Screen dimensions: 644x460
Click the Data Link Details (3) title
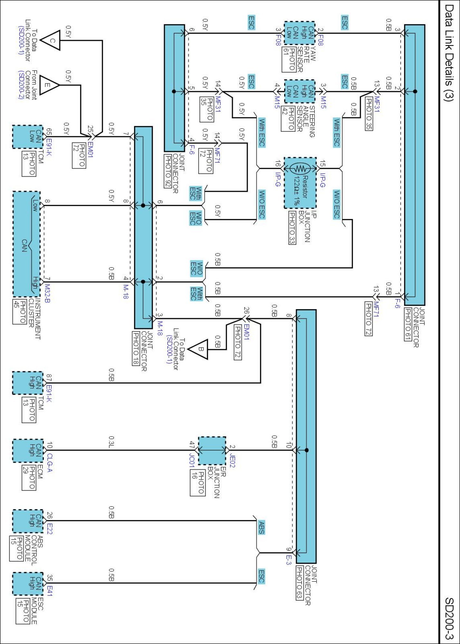tap(448, 53)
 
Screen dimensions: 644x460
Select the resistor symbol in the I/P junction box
tap(300, 168)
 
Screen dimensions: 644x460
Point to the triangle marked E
tap(49, 85)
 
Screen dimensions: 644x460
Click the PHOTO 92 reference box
tap(168, 171)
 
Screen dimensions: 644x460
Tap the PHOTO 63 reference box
tap(299, 583)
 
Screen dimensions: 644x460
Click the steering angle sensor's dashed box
tap(300, 91)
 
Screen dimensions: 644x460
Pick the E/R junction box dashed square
tap(212, 450)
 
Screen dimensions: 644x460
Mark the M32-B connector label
tap(47, 293)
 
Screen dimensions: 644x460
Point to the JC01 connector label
tap(191, 460)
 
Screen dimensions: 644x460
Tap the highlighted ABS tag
tap(261, 527)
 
